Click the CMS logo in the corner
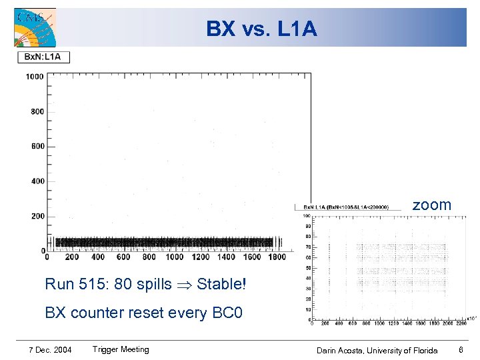click(35, 27)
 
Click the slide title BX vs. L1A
click(261, 29)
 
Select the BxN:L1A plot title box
click(43, 57)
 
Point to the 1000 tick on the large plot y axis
click(35, 77)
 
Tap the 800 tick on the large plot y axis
click(37, 111)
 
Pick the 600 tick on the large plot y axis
click(37, 146)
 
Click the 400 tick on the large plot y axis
click(37, 181)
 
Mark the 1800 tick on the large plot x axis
click(277, 257)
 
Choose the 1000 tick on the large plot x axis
click(175, 257)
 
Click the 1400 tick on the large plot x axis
click(226, 257)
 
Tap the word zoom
click(431, 205)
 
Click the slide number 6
click(461, 350)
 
